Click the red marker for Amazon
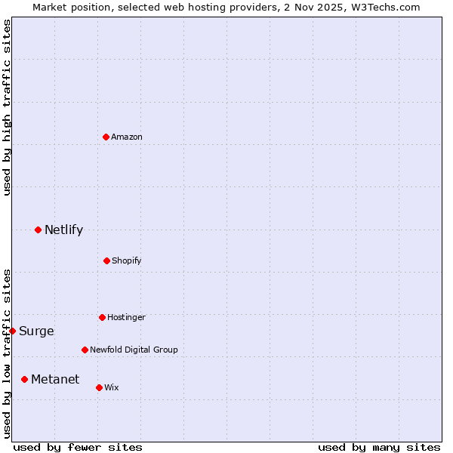pos(106,137)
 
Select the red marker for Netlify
pos(38,230)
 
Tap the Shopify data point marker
pos(106,260)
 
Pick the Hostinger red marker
pos(102,317)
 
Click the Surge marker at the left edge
pos(12,331)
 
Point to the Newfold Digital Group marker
pos(85,350)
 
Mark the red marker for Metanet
pos(24,379)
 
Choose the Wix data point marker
pos(99,387)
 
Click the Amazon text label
pos(127,137)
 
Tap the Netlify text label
pos(63,230)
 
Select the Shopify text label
pos(127,260)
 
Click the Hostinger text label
pos(126,317)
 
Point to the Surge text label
pos(36,331)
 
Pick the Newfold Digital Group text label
pos(134,350)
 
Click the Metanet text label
pos(55,380)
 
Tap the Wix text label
pos(112,387)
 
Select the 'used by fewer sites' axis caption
pos(78,447)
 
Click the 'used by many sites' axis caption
pos(379,447)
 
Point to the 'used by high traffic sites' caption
pos(7,107)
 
